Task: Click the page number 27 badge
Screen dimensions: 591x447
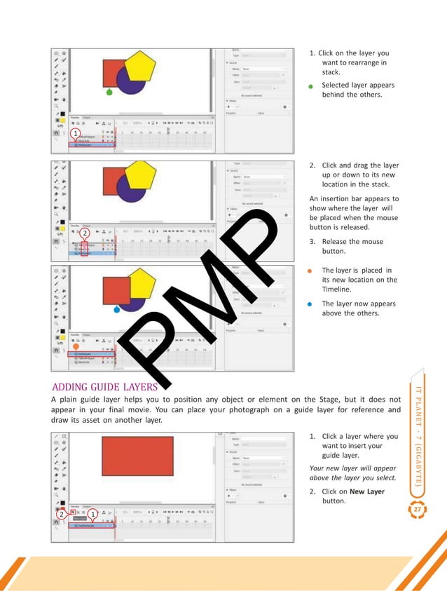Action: click(420, 509)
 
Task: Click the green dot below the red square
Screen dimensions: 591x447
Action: click(109, 92)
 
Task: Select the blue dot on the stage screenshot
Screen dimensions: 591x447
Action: click(116, 308)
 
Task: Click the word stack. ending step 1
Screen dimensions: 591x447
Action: click(331, 72)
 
